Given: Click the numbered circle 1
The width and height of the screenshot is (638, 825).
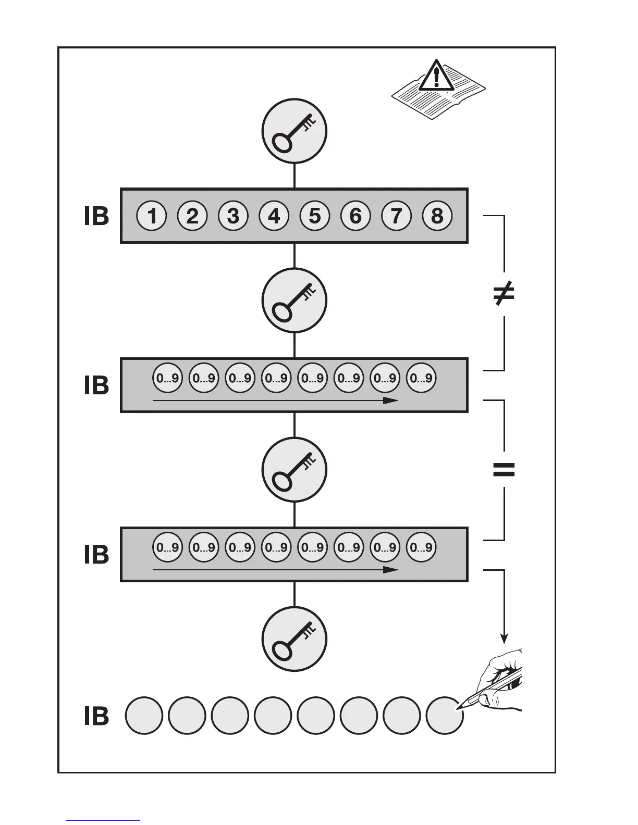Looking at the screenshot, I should (152, 216).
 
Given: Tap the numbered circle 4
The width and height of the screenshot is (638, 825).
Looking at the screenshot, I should (274, 216).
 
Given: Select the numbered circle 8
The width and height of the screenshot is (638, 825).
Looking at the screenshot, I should (437, 216).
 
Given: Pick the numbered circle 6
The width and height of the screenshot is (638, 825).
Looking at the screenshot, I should (355, 216).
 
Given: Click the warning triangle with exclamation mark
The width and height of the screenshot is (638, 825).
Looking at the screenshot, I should (436, 76).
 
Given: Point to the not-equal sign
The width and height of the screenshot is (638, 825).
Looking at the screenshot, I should (504, 293).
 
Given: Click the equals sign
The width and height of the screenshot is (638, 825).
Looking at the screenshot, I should (504, 470).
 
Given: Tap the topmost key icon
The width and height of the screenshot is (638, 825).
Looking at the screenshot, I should (295, 131).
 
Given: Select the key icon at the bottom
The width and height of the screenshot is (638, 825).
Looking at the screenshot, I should (295, 640).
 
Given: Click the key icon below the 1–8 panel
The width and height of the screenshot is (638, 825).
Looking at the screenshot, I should (295, 301).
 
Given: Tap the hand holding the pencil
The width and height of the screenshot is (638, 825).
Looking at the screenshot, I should (500, 680).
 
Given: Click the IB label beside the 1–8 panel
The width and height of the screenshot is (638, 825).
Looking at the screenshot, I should (96, 216).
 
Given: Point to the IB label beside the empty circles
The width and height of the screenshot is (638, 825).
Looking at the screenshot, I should (96, 716).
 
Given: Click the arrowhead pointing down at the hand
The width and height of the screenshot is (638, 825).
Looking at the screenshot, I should (504, 637).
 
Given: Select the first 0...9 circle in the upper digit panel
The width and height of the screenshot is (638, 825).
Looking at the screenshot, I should (168, 378).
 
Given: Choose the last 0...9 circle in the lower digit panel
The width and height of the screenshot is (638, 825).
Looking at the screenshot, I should (421, 547).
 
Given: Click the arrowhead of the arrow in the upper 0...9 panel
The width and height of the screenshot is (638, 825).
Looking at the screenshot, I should (391, 401).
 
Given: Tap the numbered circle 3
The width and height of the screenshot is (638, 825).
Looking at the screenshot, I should (234, 216).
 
